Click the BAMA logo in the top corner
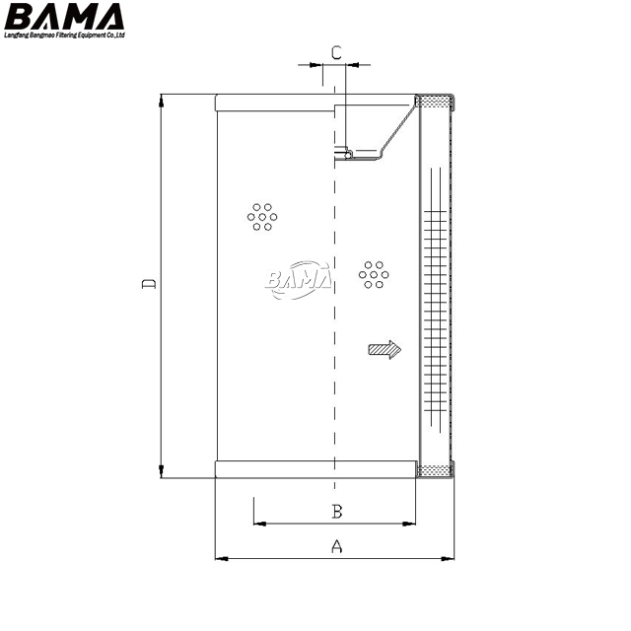[64, 17]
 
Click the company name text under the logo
[64, 35]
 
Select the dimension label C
[336, 52]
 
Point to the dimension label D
[149, 283]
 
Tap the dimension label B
[337, 512]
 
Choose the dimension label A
[337, 546]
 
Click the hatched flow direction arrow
[385, 350]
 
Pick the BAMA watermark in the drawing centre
[299, 280]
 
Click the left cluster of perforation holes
[262, 217]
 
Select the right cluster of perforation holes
[374, 275]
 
